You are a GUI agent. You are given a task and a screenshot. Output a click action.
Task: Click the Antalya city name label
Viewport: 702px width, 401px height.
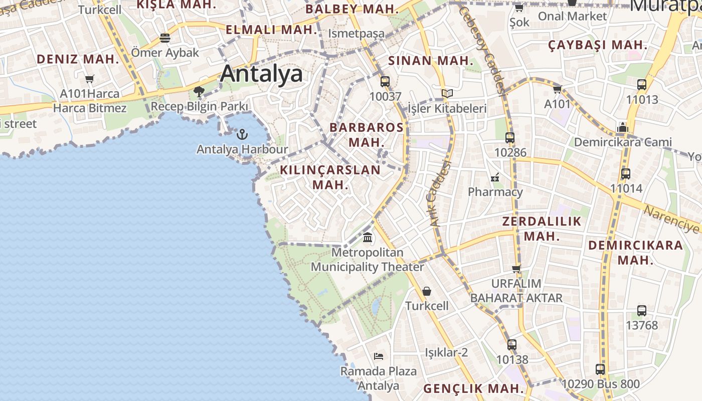(x=261, y=74)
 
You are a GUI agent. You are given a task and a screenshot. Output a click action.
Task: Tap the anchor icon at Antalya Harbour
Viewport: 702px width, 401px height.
(x=242, y=134)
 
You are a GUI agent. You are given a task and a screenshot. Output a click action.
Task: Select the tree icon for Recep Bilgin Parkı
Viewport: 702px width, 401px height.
(x=199, y=91)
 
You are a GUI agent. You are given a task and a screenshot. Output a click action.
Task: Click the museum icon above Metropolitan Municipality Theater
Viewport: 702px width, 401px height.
(x=368, y=237)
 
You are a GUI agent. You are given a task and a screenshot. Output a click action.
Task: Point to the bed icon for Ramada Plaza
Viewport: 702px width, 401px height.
(x=379, y=356)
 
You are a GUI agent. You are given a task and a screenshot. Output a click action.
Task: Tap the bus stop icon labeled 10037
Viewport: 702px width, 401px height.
(x=385, y=81)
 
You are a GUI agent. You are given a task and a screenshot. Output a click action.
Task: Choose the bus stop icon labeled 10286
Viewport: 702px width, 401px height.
(x=510, y=137)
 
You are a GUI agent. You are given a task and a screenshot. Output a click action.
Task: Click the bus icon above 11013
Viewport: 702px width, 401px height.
(x=642, y=84)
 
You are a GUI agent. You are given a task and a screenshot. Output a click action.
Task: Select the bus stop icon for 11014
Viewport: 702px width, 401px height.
(x=626, y=174)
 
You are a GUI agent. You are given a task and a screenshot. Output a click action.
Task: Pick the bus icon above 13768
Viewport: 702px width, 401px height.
(x=642, y=310)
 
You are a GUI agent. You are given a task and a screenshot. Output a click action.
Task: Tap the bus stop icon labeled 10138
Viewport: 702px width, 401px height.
(x=512, y=345)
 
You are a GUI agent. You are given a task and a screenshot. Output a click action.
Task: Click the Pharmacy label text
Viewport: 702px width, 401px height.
(x=495, y=192)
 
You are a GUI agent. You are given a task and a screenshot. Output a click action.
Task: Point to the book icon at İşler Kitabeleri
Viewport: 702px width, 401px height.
(x=447, y=93)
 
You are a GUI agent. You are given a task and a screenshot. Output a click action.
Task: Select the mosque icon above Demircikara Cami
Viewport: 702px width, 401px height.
(x=623, y=127)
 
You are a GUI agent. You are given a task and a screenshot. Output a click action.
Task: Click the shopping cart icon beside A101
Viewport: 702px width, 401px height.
(x=557, y=89)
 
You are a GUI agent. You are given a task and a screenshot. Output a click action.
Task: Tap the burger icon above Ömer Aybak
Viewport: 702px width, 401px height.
(x=165, y=38)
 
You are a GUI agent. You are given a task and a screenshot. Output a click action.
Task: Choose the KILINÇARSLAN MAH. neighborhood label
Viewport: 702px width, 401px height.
(x=330, y=177)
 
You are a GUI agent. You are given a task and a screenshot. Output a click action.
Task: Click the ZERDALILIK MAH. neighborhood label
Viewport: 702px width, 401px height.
(x=542, y=229)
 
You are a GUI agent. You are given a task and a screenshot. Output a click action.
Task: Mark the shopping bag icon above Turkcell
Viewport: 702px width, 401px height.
(x=427, y=291)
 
